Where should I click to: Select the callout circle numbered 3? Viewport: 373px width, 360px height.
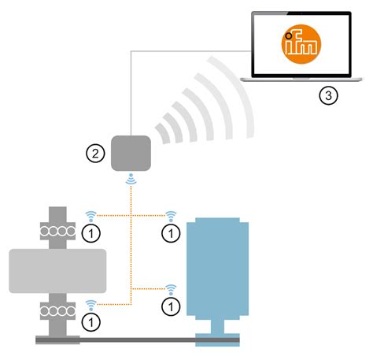329,96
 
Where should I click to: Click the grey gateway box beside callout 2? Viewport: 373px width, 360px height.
131,153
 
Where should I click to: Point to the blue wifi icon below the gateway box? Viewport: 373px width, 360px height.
131,181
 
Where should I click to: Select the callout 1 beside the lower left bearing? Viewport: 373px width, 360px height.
92,321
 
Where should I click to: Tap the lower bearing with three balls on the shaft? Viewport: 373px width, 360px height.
59,307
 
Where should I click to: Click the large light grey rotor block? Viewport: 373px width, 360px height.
57,270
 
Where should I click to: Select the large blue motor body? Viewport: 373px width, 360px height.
217,268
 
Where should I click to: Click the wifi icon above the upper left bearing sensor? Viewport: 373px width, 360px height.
92,215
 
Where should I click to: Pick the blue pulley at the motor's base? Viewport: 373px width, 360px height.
217,339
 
